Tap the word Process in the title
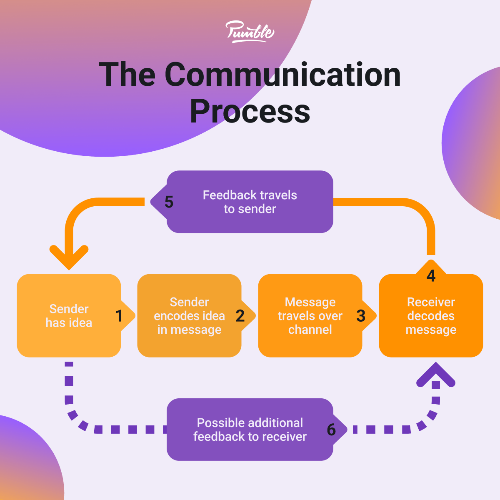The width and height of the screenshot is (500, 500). click(250, 111)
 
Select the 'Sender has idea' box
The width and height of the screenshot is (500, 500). click(69, 315)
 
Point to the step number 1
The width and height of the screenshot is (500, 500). click(119, 316)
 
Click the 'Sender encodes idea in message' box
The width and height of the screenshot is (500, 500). click(189, 315)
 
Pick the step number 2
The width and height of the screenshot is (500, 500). click(240, 316)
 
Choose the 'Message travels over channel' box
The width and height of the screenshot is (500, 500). click(310, 315)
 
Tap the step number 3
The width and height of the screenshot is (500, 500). click(361, 316)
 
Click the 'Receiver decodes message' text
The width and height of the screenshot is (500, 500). click(431, 316)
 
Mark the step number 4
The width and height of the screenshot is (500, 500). click(431, 276)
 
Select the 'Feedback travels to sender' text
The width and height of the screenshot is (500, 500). click(250, 202)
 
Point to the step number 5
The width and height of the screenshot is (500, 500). click(169, 202)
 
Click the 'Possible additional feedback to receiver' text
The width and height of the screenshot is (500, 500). click(250, 430)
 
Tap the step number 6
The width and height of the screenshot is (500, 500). click(331, 430)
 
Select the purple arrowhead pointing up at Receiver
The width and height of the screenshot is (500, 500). click(436, 373)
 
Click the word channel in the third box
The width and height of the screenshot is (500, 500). click(310, 330)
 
